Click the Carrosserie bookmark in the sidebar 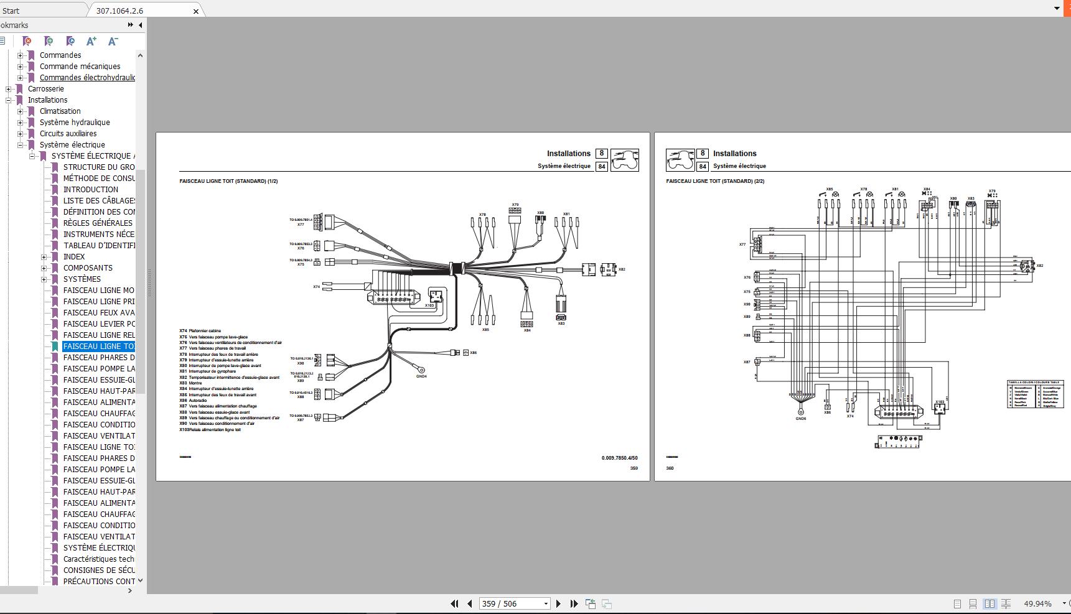pyautogui.click(x=45, y=89)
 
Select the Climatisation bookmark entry pyautogui.click(x=60, y=111)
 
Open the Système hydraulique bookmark pyautogui.click(x=75, y=123)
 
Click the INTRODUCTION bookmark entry pyautogui.click(x=90, y=190)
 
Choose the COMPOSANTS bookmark pyautogui.click(x=88, y=268)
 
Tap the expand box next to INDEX pyautogui.click(x=44, y=257)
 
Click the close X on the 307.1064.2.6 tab pyautogui.click(x=196, y=11)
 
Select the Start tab pyautogui.click(x=11, y=11)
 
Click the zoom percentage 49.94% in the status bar pyautogui.click(x=1037, y=603)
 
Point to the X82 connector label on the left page pyautogui.click(x=622, y=269)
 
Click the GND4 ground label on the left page pyautogui.click(x=421, y=376)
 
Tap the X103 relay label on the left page pyautogui.click(x=429, y=305)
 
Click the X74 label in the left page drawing pyautogui.click(x=316, y=287)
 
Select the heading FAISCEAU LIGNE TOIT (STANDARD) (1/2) pyautogui.click(x=228, y=182)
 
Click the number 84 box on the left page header pyautogui.click(x=601, y=166)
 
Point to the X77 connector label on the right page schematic pyautogui.click(x=742, y=244)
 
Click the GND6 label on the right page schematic pyautogui.click(x=800, y=419)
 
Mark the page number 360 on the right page pyautogui.click(x=670, y=468)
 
